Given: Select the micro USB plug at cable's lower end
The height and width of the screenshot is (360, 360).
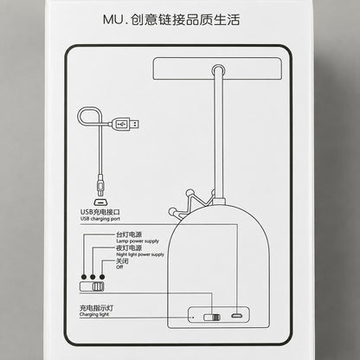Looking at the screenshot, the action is (100, 185).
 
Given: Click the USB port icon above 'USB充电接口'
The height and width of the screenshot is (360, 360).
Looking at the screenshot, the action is (100, 202).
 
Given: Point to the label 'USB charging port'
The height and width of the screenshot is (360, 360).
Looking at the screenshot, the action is (100, 219).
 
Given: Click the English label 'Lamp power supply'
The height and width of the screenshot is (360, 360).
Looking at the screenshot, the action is (138, 241).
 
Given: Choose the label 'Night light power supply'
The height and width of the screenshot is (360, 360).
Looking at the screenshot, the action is (140, 254).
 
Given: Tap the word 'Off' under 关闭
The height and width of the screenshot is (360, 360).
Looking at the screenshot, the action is (119, 267).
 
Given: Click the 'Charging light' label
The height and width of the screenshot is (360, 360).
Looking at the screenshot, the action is (94, 314).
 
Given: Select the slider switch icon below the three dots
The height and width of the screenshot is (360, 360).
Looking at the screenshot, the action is (92, 286).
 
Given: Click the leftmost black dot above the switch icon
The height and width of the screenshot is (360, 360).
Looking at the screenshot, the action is (84, 277).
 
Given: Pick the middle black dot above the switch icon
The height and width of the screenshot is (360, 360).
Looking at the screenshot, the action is (93, 277).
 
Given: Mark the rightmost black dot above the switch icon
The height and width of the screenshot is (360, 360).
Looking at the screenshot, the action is (102, 277).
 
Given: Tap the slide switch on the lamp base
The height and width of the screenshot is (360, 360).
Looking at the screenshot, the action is (212, 318).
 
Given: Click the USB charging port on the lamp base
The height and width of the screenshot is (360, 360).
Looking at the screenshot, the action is (236, 316).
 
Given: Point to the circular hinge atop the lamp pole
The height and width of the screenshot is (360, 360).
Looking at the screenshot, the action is (219, 70).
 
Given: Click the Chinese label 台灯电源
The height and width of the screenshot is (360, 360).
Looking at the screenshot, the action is (129, 235).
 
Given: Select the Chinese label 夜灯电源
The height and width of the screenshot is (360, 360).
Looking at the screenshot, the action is (129, 248).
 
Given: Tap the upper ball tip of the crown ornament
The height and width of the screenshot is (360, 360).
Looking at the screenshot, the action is (190, 192).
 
